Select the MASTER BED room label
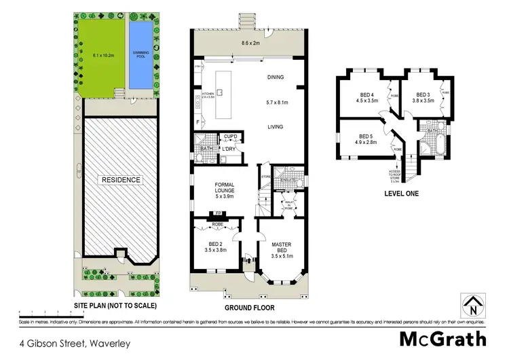(281, 248)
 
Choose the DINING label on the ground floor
(278, 77)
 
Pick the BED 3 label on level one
(423, 98)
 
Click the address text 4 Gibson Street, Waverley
(65, 343)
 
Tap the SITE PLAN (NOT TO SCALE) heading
(117, 305)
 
